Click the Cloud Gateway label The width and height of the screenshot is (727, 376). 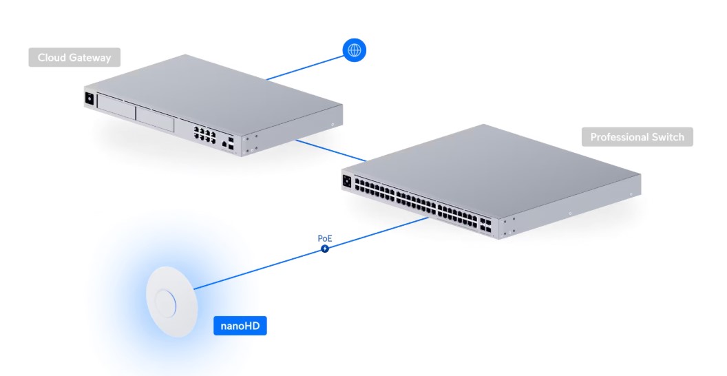74,57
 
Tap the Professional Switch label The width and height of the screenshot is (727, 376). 637,137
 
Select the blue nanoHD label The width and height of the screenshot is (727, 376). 240,326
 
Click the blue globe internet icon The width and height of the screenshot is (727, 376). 355,50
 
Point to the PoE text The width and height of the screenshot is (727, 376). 325,238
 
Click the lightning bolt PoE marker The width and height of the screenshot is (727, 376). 325,249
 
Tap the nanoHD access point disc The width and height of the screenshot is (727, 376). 171,302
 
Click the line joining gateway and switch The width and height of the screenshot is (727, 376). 330,151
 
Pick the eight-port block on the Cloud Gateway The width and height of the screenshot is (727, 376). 204,134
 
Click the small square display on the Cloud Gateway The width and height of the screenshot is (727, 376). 89,98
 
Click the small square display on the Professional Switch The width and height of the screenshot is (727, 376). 347,181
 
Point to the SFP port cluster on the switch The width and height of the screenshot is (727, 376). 485,225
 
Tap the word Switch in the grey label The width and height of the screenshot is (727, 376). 668,137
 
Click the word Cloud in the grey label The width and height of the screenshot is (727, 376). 52,57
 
